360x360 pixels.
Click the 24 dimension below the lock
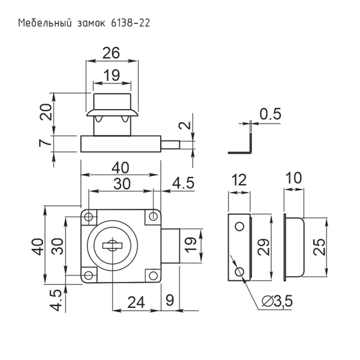(137, 301)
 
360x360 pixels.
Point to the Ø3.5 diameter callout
(277, 302)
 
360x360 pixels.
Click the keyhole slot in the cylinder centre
(112, 245)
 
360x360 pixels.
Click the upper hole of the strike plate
(239, 226)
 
